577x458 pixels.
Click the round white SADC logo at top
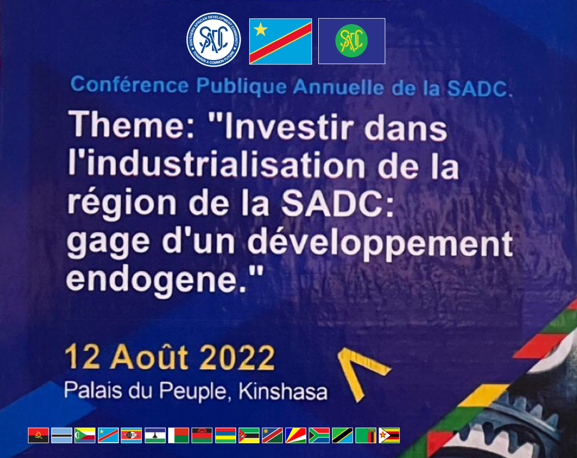tap(214, 40)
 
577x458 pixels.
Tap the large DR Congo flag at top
tap(280, 41)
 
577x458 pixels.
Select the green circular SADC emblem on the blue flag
tap(351, 40)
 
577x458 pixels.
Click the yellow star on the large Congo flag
tap(261, 29)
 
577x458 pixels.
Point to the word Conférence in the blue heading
tap(129, 85)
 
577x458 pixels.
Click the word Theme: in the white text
tap(132, 124)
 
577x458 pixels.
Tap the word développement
tap(380, 243)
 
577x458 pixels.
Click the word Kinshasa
tap(283, 391)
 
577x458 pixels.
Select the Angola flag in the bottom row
tap(38, 435)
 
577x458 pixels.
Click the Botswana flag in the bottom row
tap(62, 435)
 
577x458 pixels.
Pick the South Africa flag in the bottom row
tap(319, 435)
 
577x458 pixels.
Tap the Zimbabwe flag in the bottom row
tap(389, 435)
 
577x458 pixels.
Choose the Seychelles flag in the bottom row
tap(296, 435)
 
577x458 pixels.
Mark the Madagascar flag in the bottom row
tap(179, 435)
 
